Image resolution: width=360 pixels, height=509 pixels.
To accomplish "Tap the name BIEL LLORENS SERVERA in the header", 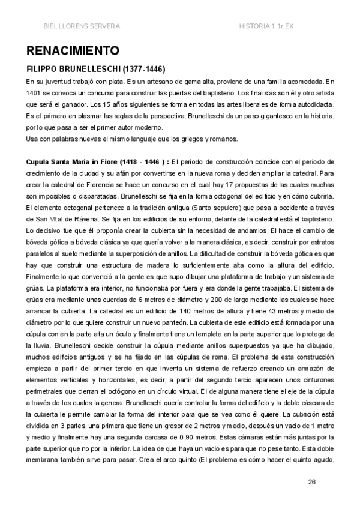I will [x=82, y=26].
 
